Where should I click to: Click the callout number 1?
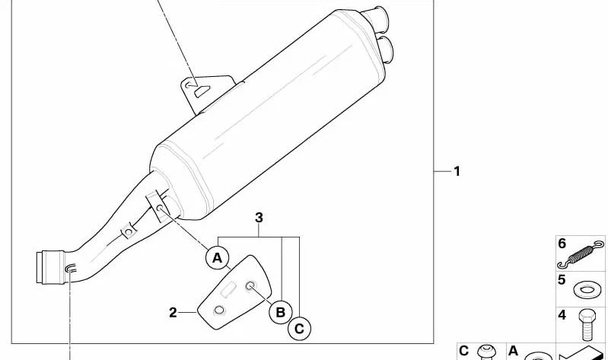pos(457,171)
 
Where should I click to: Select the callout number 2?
pos(173,313)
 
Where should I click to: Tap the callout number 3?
pos(259,218)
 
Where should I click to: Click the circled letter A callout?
pos(217,257)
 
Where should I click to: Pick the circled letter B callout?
pos(280,312)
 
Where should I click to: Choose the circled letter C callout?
pos(299,329)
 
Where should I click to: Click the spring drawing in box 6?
pos(581,255)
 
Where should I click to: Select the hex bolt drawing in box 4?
pos(587,325)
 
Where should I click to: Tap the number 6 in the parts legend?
pos(562,244)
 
